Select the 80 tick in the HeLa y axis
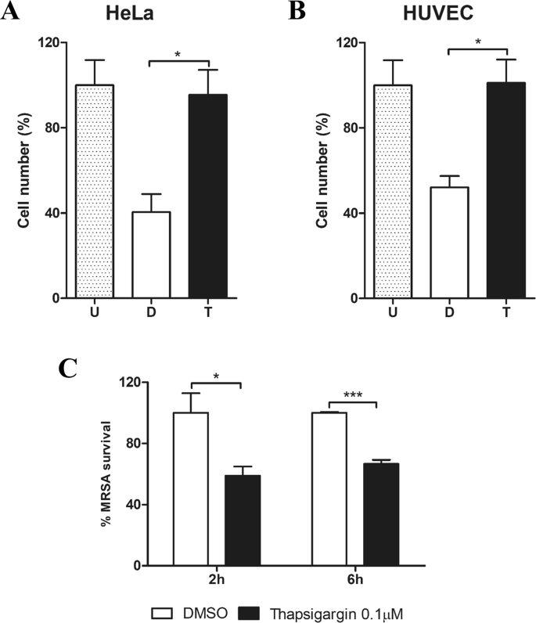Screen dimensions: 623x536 tap(55, 128)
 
